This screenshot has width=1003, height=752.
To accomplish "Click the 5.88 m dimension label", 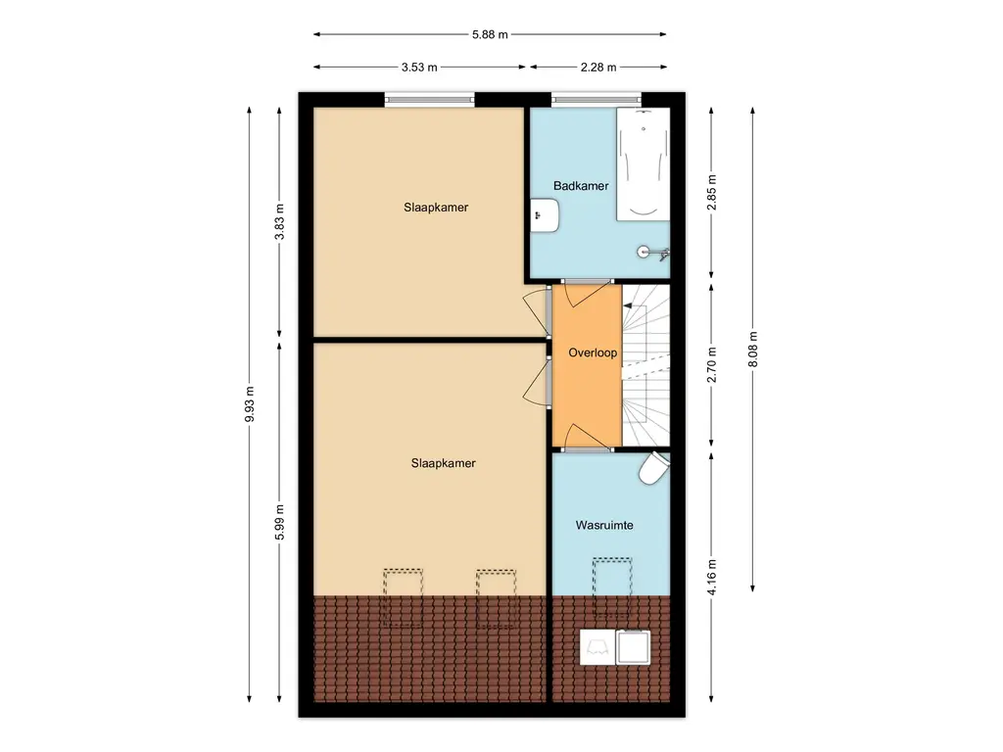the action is coord(490,34).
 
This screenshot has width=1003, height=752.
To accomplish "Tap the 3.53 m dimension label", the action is coord(419,68).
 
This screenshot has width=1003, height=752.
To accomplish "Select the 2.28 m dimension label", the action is coord(598,68).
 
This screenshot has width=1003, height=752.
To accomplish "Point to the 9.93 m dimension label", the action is coord(250,404).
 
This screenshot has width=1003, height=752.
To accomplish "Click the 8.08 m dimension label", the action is coord(753,350).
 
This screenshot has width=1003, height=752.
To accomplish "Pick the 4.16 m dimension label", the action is coord(712,577).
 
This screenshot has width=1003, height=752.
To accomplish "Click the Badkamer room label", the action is coord(581,186).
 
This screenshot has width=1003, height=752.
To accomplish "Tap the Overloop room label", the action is coord(593,352).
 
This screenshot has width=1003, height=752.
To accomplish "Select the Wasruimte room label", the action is coord(604,526).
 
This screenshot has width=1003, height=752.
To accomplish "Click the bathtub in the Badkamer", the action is coord(644,164).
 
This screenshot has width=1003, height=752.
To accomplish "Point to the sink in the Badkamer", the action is coord(545,215).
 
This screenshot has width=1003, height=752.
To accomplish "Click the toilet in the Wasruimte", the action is coord(654,467).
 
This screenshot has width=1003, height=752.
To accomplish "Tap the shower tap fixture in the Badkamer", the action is coord(652,252).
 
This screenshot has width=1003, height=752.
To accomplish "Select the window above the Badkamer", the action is coord(597,99).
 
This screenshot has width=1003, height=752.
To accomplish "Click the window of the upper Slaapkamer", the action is coord(430,99).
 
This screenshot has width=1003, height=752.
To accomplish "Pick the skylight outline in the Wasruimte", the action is coord(612,587).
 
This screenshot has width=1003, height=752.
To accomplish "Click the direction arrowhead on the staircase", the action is coord(628,306).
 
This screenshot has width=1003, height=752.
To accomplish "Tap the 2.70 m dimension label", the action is coord(712,364).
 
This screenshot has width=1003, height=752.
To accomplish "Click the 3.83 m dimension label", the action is coord(279,221).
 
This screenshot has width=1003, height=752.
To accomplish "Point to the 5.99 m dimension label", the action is coord(279,523).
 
